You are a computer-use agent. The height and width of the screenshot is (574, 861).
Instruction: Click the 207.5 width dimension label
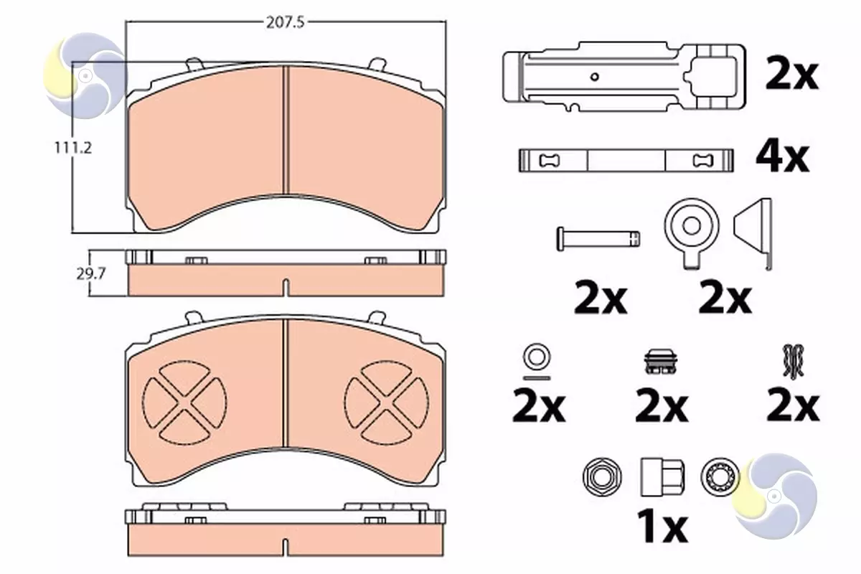tap(286, 23)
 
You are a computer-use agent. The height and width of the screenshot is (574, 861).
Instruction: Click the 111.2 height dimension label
tap(73, 148)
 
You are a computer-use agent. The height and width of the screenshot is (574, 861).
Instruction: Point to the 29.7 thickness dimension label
tap(90, 274)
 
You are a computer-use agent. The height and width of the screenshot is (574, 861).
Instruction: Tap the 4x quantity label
tap(782, 158)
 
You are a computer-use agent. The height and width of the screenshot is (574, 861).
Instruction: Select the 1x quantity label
tap(662, 527)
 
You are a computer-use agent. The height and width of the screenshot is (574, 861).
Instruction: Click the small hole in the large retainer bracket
tap(594, 77)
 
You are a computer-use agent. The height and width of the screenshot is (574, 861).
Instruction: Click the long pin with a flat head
tap(598, 239)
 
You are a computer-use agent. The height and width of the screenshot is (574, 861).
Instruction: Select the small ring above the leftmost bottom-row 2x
tap(537, 357)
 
